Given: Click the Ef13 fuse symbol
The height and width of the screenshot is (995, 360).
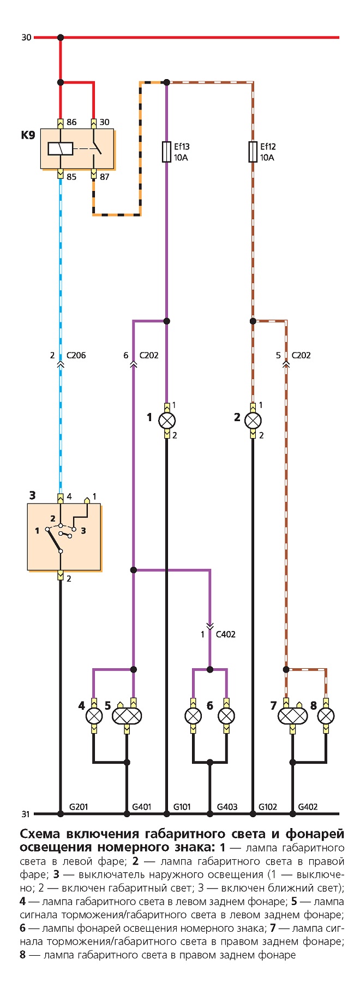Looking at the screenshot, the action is point(167,152).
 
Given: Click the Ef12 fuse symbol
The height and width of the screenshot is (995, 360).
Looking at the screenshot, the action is point(253,152).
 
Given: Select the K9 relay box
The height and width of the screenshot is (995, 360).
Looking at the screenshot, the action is point(77,149).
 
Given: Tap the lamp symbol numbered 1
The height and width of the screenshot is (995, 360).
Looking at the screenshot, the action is point(167,421).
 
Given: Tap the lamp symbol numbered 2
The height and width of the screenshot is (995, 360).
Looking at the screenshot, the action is point(253,421).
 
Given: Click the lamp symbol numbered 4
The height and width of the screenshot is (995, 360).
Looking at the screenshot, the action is point(94,716).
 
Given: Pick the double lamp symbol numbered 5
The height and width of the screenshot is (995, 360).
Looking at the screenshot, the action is point(127,716).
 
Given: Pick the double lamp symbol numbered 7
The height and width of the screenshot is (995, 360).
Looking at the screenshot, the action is point(292,716).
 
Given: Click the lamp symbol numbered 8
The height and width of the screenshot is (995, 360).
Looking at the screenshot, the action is point(326,716).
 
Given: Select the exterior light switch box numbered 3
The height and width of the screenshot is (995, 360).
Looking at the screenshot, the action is point(64,537).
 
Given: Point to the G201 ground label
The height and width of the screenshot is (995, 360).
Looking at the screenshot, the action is point(79,807).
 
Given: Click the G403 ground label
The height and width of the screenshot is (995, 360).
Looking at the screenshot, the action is point(227,807).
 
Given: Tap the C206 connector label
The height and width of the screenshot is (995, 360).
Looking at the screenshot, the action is point(76,355).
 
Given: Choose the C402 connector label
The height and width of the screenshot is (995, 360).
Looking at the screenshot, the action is point(226,634).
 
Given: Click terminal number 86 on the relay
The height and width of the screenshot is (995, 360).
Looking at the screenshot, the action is point(71,122).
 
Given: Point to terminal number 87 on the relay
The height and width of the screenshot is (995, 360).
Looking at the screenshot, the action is point(104,177).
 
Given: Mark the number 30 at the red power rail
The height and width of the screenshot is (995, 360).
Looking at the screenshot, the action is point(26,38).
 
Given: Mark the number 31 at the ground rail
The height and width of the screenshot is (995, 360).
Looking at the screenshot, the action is point(26,814).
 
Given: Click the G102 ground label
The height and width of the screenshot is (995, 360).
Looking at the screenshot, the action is point(268,807).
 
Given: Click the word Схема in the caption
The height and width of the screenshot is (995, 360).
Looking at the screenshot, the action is point(41,835).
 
